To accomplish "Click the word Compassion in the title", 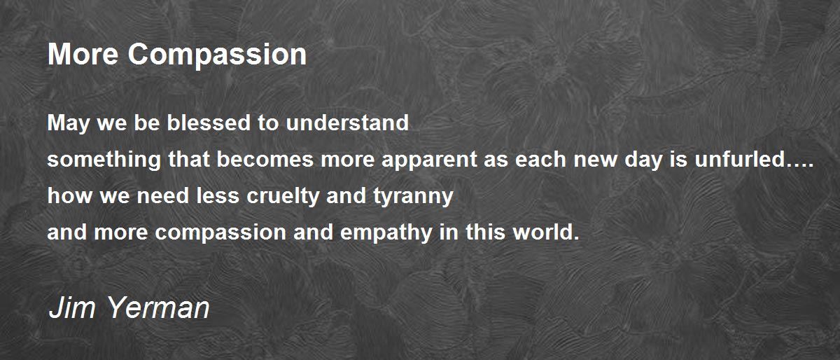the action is (x=217, y=55).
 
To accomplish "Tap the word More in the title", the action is (x=83, y=54).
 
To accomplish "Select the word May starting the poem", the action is (x=69, y=124).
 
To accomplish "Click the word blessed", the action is (x=209, y=123).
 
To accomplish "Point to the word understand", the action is (x=347, y=123).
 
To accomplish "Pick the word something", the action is (x=104, y=160).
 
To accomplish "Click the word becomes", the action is (x=265, y=159).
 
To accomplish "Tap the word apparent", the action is (x=429, y=160).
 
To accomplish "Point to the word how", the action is (x=70, y=195).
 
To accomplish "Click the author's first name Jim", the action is (x=71, y=307).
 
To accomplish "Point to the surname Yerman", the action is (x=158, y=307).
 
